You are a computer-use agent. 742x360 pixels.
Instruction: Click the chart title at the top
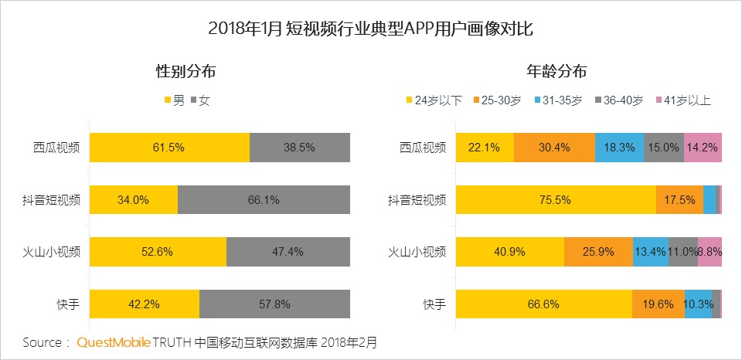(370, 29)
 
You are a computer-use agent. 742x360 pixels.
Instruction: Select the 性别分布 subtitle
(185, 72)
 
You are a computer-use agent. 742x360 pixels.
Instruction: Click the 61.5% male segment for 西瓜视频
(169, 147)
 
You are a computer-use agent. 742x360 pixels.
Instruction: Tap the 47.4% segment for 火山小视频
(288, 252)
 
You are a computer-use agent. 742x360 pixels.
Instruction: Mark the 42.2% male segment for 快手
(145, 304)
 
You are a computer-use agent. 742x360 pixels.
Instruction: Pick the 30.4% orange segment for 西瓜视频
(554, 147)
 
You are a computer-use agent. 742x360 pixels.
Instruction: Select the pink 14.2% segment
(703, 147)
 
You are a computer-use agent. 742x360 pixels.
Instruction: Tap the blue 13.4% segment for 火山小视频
(650, 252)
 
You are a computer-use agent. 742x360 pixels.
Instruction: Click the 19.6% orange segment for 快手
(658, 304)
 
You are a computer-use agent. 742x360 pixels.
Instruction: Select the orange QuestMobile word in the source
(114, 341)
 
